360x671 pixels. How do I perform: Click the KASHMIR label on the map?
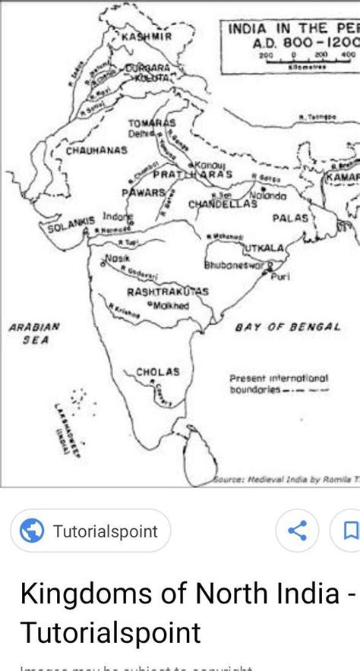click(x=147, y=36)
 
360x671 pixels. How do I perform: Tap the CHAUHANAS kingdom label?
click(x=96, y=150)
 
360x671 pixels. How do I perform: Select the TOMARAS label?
click(x=151, y=123)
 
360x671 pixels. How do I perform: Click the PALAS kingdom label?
click(x=291, y=217)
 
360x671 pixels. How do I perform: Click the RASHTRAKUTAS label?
click(x=167, y=291)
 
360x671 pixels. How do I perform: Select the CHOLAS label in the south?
click(x=158, y=372)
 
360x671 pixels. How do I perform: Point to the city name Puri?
click(x=280, y=276)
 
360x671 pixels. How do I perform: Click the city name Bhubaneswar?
click(x=234, y=266)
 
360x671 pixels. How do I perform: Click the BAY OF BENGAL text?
click(x=287, y=326)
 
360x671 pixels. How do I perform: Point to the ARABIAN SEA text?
click(x=34, y=334)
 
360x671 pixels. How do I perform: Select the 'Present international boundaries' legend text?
click(x=279, y=383)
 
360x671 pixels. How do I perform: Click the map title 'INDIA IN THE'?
click(x=283, y=29)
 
